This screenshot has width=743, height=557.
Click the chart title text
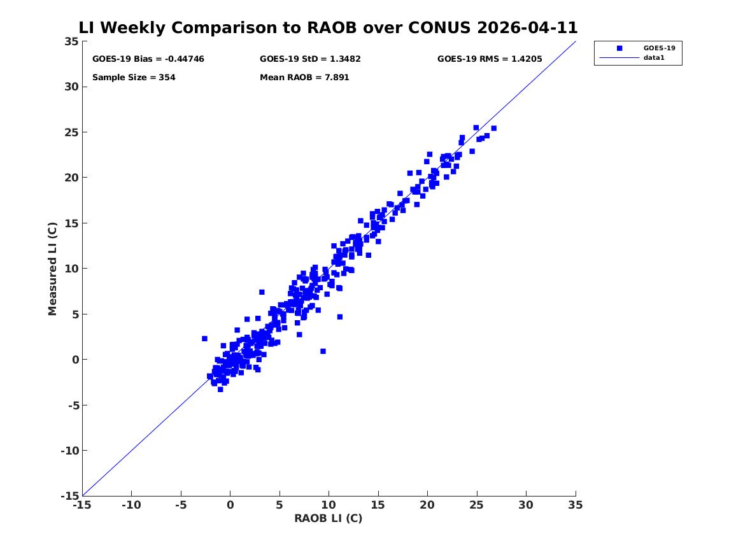(328, 27)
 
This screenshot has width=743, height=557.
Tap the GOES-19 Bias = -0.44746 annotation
(148, 59)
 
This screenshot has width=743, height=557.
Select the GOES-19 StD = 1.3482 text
(310, 59)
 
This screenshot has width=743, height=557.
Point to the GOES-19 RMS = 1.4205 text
(490, 59)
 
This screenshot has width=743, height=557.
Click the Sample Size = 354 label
(134, 77)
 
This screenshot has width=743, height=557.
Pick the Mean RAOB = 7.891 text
(304, 77)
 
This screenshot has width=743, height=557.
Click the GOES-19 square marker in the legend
(619, 48)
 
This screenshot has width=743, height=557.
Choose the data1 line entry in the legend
(619, 58)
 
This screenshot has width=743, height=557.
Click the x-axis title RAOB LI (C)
(329, 518)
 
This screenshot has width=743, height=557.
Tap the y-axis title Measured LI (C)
(52, 269)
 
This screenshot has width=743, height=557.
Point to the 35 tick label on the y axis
(71, 41)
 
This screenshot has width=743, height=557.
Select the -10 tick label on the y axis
(69, 451)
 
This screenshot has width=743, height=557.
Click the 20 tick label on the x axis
(427, 505)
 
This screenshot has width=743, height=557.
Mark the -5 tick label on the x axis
(181, 505)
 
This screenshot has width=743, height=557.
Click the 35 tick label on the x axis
(576, 505)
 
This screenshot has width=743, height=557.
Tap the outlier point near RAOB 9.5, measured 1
(323, 351)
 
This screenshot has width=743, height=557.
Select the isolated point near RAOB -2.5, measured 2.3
(205, 339)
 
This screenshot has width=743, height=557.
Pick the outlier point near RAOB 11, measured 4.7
(340, 317)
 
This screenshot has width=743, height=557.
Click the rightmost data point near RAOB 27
(494, 129)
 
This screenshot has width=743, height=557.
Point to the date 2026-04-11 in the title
(527, 27)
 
